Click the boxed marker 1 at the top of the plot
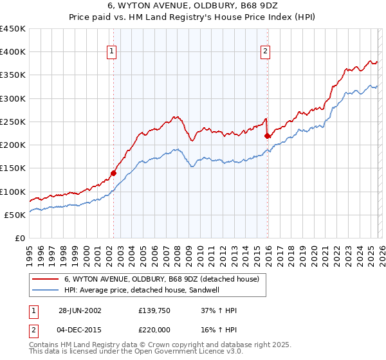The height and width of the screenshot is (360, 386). (112, 52)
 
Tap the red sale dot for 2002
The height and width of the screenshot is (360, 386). (114, 172)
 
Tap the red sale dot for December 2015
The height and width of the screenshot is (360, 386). (268, 135)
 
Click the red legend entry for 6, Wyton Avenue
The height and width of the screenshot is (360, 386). (161, 279)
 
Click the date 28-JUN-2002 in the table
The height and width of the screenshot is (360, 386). (80, 310)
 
